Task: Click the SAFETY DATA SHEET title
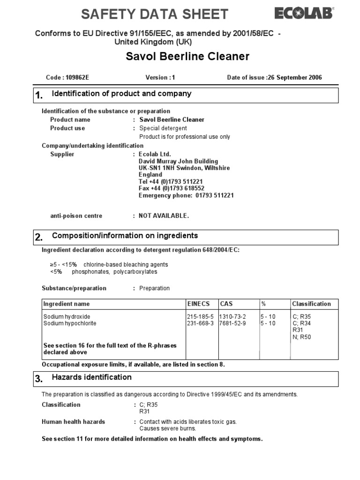click(x=154, y=14)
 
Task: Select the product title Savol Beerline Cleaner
click(x=187, y=57)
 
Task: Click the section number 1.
click(x=39, y=96)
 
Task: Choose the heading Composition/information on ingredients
click(x=125, y=236)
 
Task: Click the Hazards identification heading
click(x=91, y=377)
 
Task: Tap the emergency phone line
click(x=186, y=195)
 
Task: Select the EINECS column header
click(x=198, y=304)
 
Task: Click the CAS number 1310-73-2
click(x=232, y=317)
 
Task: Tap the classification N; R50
click(x=301, y=337)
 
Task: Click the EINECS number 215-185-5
click(x=200, y=317)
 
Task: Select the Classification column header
click(x=311, y=304)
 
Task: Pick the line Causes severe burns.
click(x=167, y=428)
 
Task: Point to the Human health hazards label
click(x=73, y=422)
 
